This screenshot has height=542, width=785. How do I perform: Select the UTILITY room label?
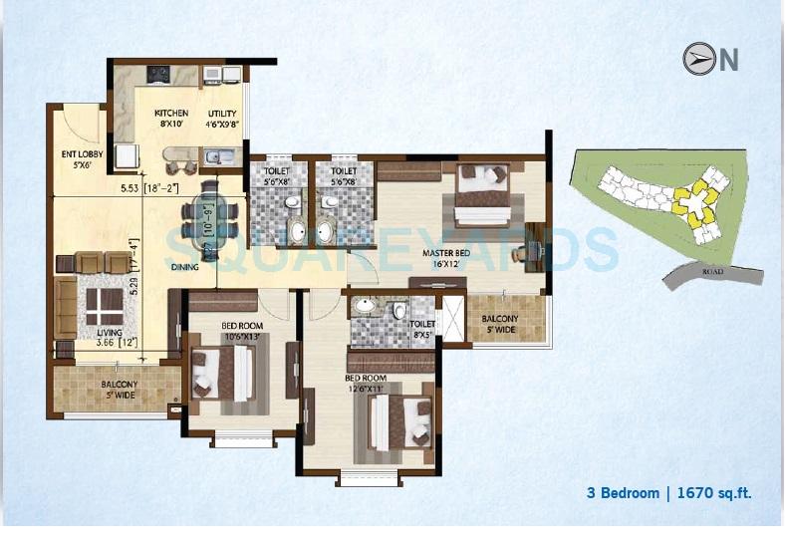coord(222,115)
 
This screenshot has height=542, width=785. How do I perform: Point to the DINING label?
coord(184,267)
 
